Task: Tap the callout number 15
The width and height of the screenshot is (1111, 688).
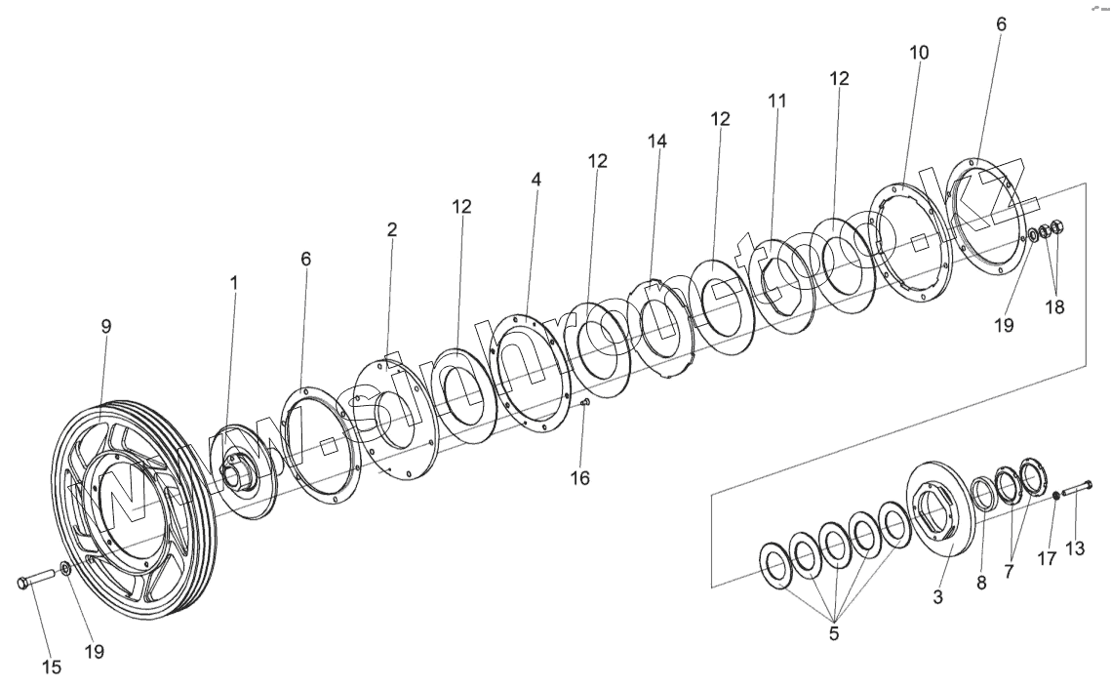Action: click(x=51, y=668)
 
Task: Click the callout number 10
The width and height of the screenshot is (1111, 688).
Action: click(x=919, y=53)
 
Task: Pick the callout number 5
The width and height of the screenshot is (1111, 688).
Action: click(x=833, y=633)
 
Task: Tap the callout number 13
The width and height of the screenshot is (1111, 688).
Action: click(x=1074, y=548)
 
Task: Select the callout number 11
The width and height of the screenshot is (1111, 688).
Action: click(x=776, y=101)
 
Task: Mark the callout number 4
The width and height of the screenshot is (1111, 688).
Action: click(x=536, y=181)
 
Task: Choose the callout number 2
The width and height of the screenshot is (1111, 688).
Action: click(x=392, y=230)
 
